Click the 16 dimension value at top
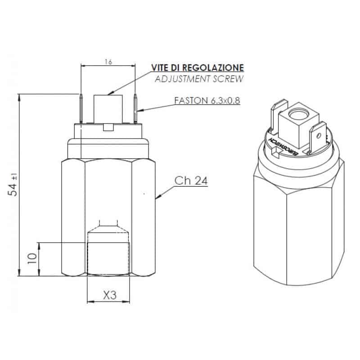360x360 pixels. (108, 62)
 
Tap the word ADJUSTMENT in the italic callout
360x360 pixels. (183, 79)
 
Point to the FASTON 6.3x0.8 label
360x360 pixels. (207, 100)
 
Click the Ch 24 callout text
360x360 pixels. (191, 181)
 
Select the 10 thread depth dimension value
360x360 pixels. (32, 259)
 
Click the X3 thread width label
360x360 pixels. (110, 295)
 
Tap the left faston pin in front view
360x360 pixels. (81, 108)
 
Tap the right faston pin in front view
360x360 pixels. (135, 108)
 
